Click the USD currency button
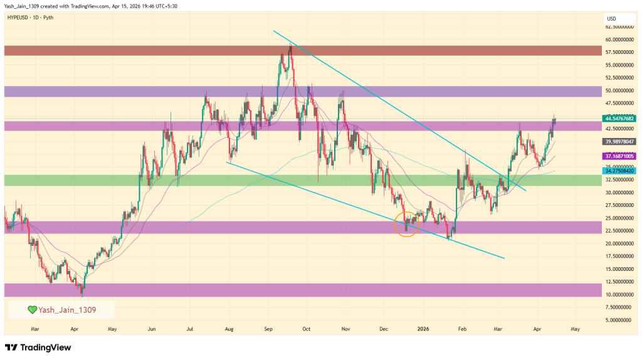pyautogui.click(x=613, y=18)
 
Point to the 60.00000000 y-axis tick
pyautogui.click(x=619, y=39)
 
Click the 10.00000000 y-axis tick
pyautogui.click(x=619, y=294)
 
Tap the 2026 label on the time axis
pyautogui.click(x=423, y=328)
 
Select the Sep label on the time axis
pyautogui.click(x=268, y=328)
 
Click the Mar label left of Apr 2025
pyautogui.click(x=35, y=328)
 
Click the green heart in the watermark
pyautogui.click(x=32, y=309)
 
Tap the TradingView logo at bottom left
pyautogui.click(x=38, y=347)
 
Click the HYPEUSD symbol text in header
pyautogui.click(x=19, y=18)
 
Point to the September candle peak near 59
pyautogui.click(x=290, y=44)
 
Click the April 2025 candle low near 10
pyautogui.click(x=81, y=292)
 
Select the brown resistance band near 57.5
pyautogui.click(x=301, y=50)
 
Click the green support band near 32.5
pyautogui.click(x=301, y=181)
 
